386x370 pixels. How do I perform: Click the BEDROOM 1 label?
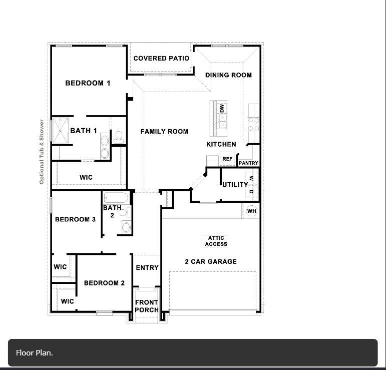pos(88,83)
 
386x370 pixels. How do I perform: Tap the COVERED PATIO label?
pos(161,59)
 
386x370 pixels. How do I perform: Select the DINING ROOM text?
pos(228,75)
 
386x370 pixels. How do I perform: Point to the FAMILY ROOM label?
pos(164,132)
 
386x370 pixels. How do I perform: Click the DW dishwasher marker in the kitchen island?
pos(222,108)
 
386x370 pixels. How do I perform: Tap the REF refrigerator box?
pos(227,159)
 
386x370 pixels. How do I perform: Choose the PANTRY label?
pos(248,163)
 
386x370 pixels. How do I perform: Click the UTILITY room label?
pos(235,185)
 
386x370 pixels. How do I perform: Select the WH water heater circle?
pos(251,211)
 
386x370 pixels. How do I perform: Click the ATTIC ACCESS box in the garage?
pos(216,241)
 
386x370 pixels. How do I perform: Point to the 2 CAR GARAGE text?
pos(211,262)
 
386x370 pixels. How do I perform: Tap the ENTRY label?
pos(147,268)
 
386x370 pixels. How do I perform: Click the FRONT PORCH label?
pos(147,306)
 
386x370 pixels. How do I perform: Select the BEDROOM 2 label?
pos(104,283)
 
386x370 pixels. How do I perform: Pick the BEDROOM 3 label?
pos(75,219)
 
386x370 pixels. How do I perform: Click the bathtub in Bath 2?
pos(116,198)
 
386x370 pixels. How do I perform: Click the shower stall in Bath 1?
pos(60,130)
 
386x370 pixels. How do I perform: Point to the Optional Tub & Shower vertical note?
pos(42,152)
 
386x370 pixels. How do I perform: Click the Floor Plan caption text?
pos(34,353)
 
